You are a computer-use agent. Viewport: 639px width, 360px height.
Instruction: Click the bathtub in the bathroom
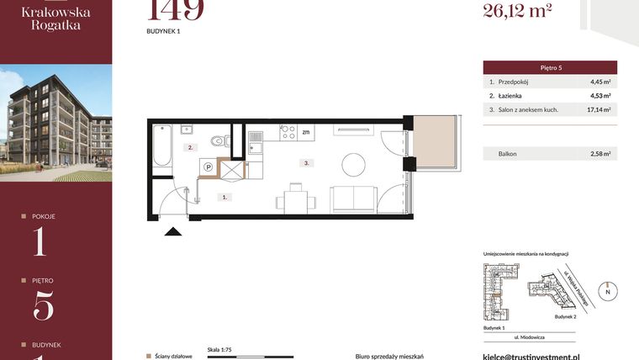pyautogui.click(x=163, y=143)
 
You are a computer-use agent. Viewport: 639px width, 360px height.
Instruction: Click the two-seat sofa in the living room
pyautogui.click(x=353, y=199)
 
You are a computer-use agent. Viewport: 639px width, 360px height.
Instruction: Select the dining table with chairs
pyautogui.click(x=294, y=199)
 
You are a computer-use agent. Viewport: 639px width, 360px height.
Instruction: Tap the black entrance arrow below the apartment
pyautogui.click(x=172, y=233)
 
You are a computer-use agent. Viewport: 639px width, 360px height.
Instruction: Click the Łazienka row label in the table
pyautogui.click(x=512, y=96)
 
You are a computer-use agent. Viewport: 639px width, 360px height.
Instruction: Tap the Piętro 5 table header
pyautogui.click(x=550, y=67)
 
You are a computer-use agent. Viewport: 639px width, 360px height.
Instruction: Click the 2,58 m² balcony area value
pyautogui.click(x=599, y=154)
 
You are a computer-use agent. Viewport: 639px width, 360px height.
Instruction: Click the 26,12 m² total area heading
pyautogui.click(x=517, y=10)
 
